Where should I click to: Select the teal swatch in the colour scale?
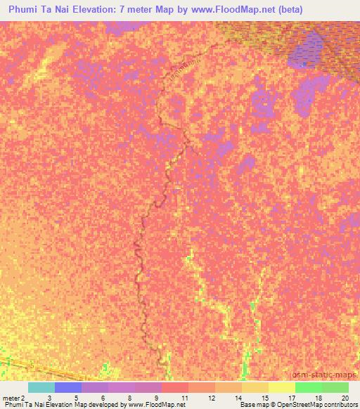coord(41,387)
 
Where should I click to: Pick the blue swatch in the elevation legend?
coord(68,387)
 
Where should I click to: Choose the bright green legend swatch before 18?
coord(308,387)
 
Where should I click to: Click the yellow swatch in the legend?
coord(281,387)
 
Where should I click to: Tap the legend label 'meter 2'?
coord(15,398)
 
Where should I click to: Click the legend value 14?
coord(229,398)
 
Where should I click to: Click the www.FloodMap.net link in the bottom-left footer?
coord(154,405)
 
